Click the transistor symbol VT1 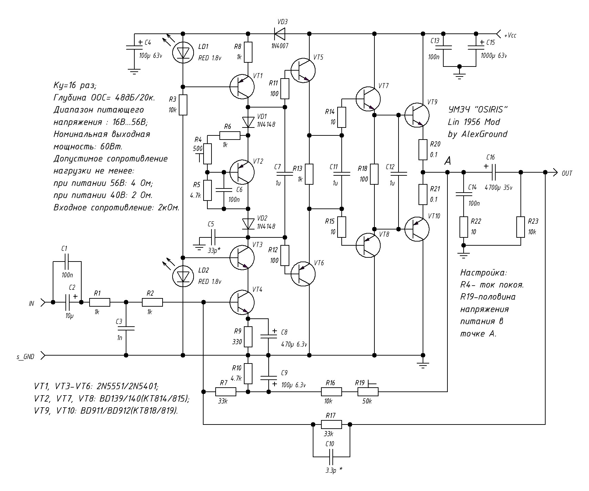coord(242,86)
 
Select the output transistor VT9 coord(417,115)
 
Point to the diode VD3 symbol coord(280,34)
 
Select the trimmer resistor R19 coord(368,391)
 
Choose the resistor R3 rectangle coord(183,105)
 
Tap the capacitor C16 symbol coord(493,172)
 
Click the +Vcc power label coord(510,35)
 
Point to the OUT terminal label coord(567,173)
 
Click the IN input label coord(32,304)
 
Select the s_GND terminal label coord(25,357)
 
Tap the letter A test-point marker coord(447,161)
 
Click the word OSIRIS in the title coord(491,109)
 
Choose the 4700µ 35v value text coord(498,188)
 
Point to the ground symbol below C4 coord(134,71)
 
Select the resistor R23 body coord(520,227)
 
